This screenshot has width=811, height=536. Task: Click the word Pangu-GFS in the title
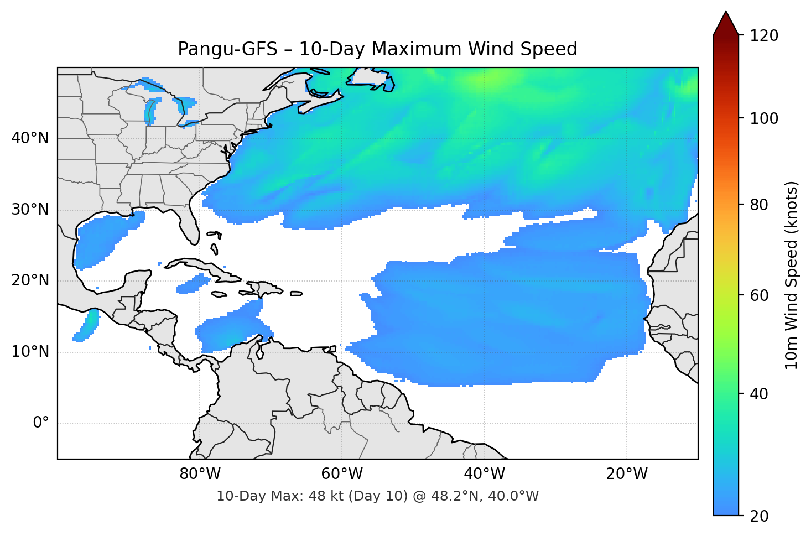(227, 49)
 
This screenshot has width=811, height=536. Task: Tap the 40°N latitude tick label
(30, 138)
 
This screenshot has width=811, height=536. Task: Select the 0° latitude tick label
(41, 423)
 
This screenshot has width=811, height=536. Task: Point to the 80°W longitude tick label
(200, 474)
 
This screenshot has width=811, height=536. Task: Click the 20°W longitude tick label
(627, 474)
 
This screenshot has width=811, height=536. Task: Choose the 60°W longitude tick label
(342, 474)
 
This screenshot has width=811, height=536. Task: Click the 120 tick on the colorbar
(764, 35)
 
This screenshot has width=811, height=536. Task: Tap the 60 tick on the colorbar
(759, 295)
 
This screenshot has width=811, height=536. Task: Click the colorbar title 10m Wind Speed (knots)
(792, 275)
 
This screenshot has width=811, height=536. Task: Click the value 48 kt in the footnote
(321, 496)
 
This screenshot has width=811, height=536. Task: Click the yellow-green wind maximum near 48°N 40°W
(490, 80)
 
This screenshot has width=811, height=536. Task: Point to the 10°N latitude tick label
(30, 352)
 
